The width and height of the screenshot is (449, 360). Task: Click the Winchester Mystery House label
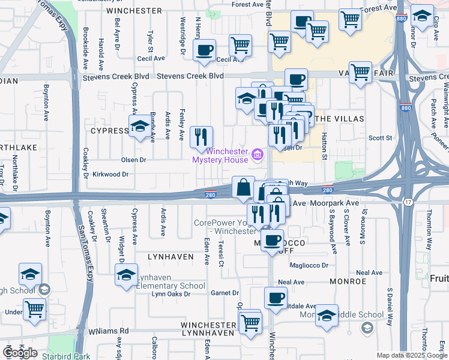pos(220,155)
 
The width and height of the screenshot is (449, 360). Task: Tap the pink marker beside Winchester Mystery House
pos(258,156)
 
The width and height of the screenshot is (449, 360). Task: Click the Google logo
pos(20,353)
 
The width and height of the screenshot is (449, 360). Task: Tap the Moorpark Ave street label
pos(334,203)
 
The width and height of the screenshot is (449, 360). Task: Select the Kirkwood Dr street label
pos(111,174)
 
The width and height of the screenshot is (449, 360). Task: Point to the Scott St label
pos(380,138)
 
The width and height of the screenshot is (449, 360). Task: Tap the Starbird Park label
pos(66,356)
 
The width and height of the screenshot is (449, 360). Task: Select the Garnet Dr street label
pos(225,293)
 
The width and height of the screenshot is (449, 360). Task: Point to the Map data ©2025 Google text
pos(412,355)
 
